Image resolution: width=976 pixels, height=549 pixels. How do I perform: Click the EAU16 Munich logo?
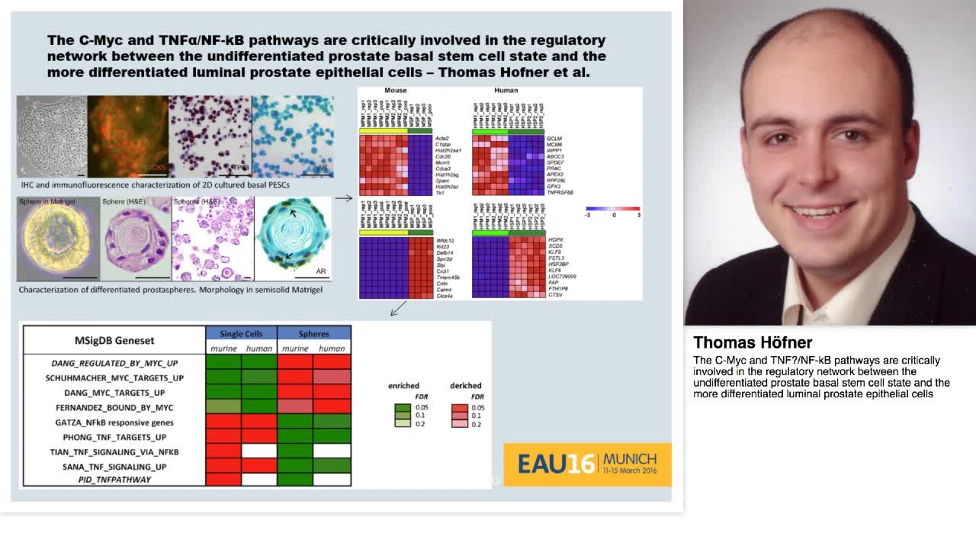click(587, 464)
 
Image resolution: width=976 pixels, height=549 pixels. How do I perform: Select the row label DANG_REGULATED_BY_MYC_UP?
click(114, 364)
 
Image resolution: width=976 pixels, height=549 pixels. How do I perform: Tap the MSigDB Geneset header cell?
click(114, 340)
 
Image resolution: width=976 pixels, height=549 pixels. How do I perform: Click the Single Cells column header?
click(241, 333)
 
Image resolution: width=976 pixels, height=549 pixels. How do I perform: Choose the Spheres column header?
click(313, 333)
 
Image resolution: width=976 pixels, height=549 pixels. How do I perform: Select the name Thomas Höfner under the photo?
click(752, 342)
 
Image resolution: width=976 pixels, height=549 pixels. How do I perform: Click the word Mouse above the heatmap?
click(395, 91)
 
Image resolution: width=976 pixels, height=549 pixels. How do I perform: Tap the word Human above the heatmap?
click(506, 91)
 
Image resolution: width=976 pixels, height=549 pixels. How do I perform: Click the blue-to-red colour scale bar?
click(612, 208)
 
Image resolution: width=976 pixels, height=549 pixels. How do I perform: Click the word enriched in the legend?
click(403, 386)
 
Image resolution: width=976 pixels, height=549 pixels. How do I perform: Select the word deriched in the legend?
click(465, 386)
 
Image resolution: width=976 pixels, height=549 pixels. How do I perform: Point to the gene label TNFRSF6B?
click(560, 193)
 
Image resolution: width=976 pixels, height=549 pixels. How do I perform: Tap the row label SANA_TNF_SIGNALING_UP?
click(114, 467)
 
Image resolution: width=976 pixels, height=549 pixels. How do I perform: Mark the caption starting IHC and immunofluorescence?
click(155, 185)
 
